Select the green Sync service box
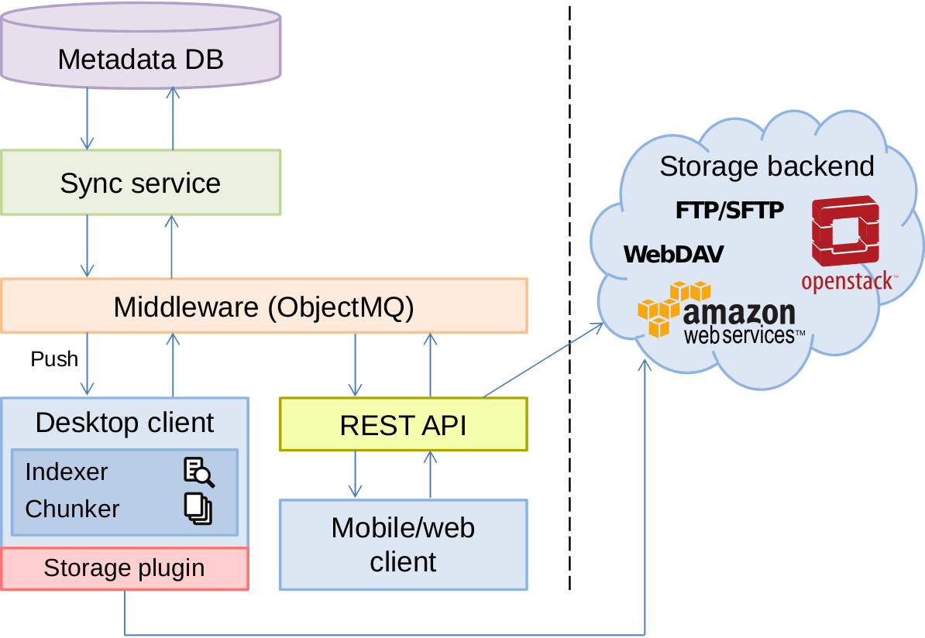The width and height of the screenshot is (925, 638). [140, 183]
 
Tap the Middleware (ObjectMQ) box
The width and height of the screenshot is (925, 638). [263, 307]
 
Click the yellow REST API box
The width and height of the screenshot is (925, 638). [403, 424]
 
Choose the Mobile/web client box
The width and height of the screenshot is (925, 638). [403, 544]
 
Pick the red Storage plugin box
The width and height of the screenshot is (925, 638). [124, 568]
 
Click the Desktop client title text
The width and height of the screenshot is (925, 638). [125, 423]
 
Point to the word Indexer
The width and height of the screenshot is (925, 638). [67, 472]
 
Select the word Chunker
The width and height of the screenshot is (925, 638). [72, 509]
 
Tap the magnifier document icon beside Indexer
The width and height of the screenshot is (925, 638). [198, 472]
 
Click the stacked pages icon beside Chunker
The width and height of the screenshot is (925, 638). [198, 508]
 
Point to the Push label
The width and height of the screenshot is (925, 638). [54, 359]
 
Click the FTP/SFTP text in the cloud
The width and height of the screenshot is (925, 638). [730, 210]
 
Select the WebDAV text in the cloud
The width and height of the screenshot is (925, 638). [673, 254]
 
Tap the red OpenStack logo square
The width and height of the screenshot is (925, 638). [845, 232]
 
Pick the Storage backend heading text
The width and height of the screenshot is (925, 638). [766, 166]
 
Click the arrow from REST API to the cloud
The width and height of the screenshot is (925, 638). [542, 361]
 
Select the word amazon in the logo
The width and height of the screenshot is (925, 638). [739, 314]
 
